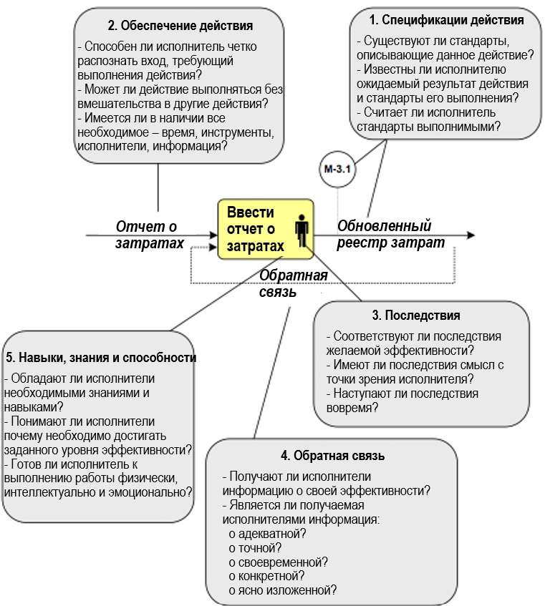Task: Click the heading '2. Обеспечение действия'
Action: (x=180, y=26)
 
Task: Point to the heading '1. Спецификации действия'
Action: (x=446, y=20)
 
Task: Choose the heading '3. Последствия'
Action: (x=415, y=316)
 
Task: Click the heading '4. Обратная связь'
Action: (x=333, y=456)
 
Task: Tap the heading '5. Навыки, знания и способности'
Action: (x=101, y=357)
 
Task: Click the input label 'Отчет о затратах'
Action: (x=147, y=235)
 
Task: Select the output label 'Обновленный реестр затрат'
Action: (x=391, y=235)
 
